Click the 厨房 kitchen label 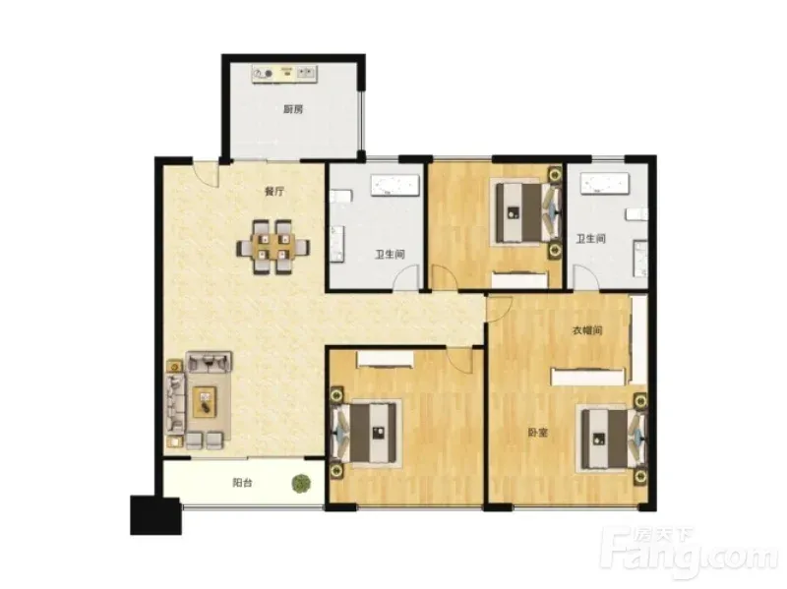pos(293,109)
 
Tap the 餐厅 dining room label pos(274,191)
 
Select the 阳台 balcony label pos(242,483)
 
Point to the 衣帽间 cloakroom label pos(587,330)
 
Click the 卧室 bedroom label pos(537,433)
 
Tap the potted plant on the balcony pos(301,483)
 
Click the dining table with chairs pos(273,248)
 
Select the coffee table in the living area pos(205,401)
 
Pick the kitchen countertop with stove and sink pos(284,74)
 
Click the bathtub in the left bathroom pos(394,185)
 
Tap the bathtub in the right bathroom pos(604,184)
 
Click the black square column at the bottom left pos(155,515)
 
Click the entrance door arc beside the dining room pos(207,176)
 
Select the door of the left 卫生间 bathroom pos(405,277)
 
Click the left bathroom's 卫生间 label pos(390,255)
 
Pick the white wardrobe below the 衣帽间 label pos(587,378)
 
